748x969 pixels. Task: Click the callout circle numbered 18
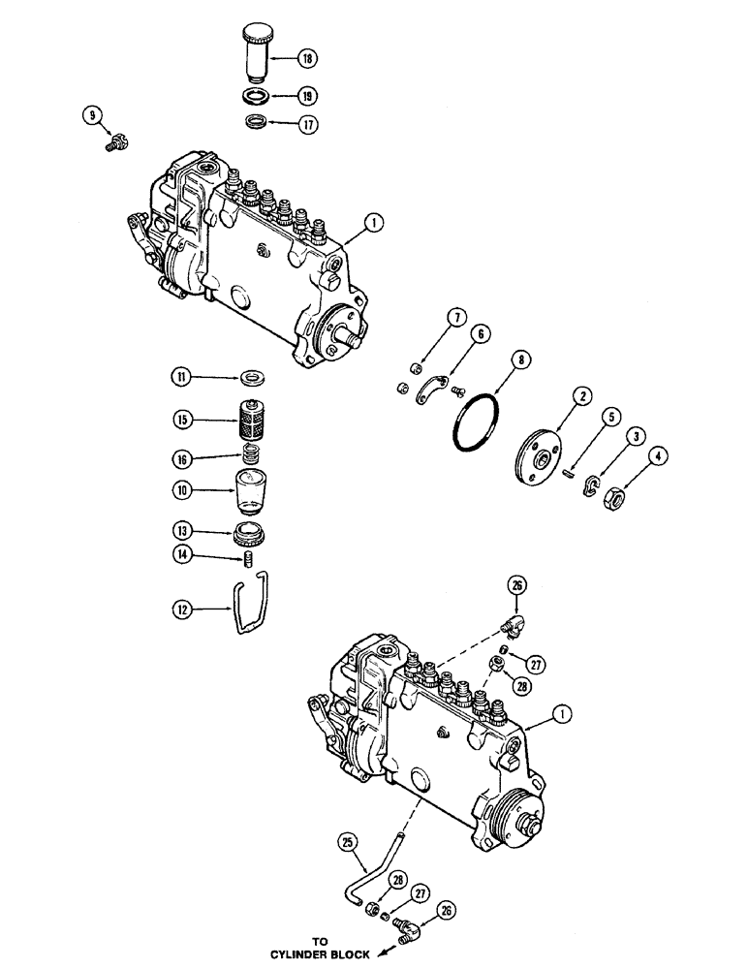coord(307,58)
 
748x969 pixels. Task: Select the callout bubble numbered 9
coord(93,117)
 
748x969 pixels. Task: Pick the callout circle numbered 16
coord(181,457)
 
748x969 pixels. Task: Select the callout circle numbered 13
coord(181,531)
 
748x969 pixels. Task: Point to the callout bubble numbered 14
coord(181,555)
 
